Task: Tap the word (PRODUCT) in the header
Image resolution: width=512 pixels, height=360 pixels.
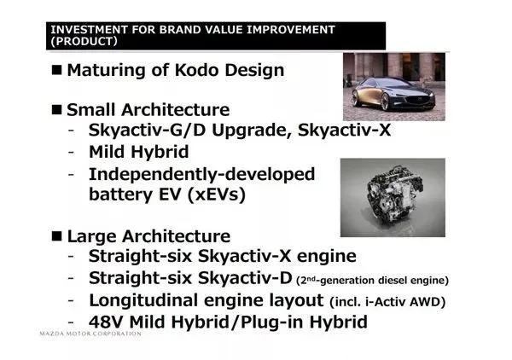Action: (84, 42)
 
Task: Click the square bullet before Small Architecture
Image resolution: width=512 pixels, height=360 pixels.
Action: (56, 109)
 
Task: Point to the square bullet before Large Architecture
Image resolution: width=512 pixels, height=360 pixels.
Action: (56, 236)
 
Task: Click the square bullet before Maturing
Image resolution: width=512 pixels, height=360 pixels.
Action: (56, 70)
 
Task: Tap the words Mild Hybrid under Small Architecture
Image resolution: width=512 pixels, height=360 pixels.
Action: (139, 152)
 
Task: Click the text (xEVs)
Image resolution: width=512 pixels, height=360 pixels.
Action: (217, 195)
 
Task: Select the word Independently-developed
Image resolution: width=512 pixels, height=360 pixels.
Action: (201, 174)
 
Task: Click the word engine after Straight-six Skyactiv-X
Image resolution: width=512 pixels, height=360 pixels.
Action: (326, 257)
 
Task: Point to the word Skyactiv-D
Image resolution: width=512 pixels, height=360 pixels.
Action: (245, 278)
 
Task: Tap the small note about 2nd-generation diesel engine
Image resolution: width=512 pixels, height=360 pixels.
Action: (373, 281)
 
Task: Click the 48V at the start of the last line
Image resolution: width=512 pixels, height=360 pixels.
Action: (107, 322)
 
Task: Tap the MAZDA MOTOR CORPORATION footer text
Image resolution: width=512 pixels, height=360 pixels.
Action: (90, 334)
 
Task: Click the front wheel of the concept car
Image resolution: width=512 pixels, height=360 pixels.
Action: (386, 102)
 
